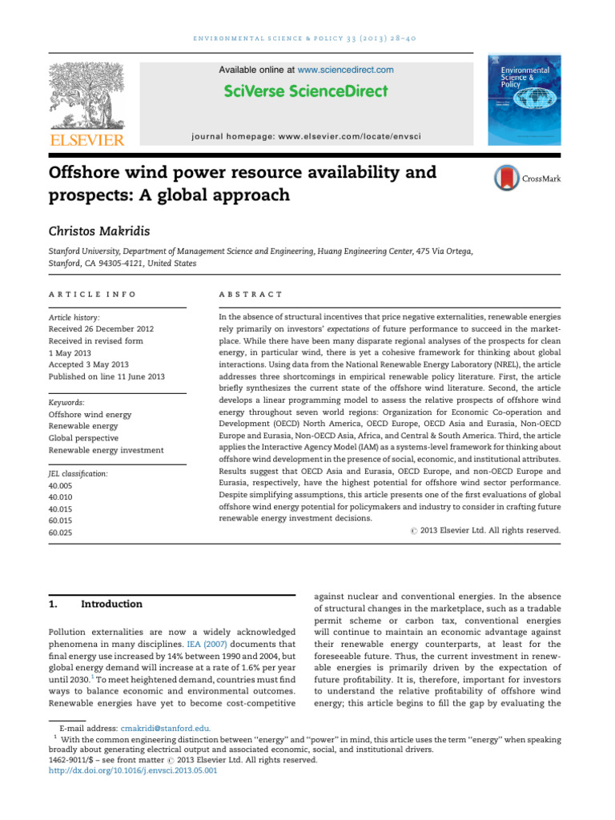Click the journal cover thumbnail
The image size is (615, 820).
tap(525, 101)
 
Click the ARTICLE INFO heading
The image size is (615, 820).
tap(92, 295)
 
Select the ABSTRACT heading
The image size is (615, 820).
tap(251, 295)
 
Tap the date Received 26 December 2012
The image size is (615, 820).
tap(101, 329)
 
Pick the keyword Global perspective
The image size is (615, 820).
tap(83, 438)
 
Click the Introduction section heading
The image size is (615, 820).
tap(112, 604)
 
